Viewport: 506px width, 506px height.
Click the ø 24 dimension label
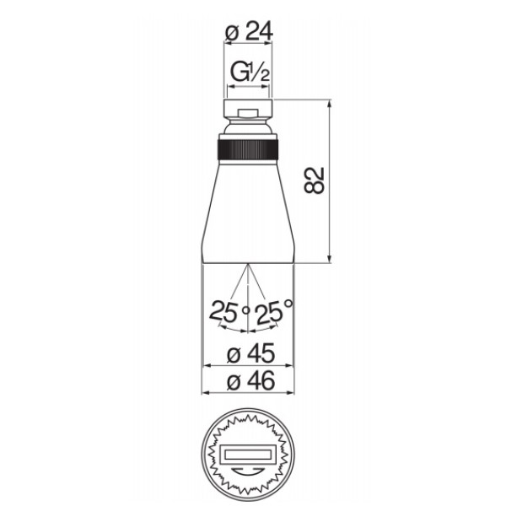[x=249, y=31]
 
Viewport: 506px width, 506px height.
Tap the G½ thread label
[x=250, y=73]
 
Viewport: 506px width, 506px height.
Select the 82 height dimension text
[x=314, y=180]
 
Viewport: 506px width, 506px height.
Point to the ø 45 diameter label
[x=250, y=353]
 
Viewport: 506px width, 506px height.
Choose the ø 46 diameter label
[x=250, y=380]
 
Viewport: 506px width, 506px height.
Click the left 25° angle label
[x=229, y=312]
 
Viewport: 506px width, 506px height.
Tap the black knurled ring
[x=248, y=150]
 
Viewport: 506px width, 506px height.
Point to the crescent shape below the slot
[x=247, y=471]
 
